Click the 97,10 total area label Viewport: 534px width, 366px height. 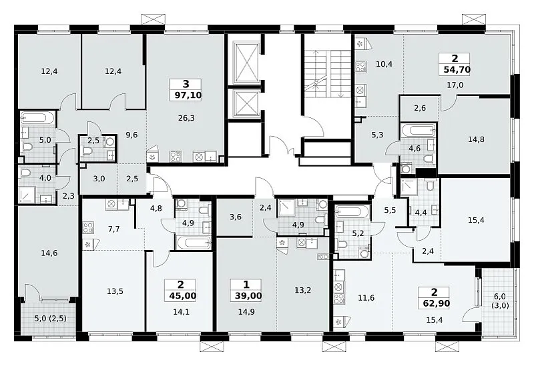coord(188,95)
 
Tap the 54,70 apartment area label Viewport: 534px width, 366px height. coord(457,70)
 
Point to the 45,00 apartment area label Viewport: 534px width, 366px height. coord(183,295)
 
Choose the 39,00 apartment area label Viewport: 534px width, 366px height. coord(248,295)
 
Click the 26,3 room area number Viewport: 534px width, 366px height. coord(186,118)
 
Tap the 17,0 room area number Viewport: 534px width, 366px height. coord(455,85)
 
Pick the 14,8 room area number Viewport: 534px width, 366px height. coord(476,139)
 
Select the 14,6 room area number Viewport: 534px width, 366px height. coord(49,253)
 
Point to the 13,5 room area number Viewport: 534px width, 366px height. coord(115,291)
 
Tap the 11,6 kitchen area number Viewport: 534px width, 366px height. coord(366,298)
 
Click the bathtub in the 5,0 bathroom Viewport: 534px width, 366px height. coord(37,118)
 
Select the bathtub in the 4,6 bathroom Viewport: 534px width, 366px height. coord(419,130)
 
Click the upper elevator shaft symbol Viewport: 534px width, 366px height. coord(246,62)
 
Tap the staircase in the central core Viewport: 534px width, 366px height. coord(328,74)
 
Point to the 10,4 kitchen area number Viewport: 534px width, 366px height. coord(384,63)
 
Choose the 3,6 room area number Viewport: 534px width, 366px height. coord(236,217)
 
